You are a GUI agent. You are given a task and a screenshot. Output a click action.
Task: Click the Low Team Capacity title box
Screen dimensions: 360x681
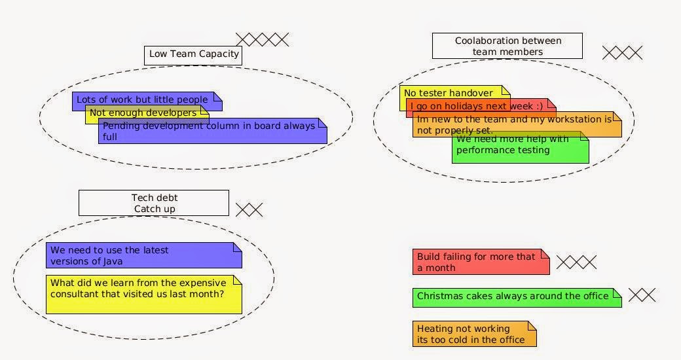click(193, 54)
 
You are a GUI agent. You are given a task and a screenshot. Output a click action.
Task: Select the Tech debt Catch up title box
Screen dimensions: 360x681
click(154, 203)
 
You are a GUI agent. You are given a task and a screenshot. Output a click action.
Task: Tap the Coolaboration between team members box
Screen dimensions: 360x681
click(507, 46)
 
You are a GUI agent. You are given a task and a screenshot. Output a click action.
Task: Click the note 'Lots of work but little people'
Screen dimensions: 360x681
click(141, 99)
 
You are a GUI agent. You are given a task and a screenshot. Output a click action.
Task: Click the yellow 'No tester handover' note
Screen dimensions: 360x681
click(448, 92)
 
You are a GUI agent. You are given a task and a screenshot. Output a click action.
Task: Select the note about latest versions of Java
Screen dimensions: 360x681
click(143, 255)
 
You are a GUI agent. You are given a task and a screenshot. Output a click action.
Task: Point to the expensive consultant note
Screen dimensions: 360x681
click(143, 295)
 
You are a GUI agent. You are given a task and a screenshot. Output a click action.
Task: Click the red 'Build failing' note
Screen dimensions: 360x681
click(481, 262)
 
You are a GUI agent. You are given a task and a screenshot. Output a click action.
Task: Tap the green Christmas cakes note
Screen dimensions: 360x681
click(517, 297)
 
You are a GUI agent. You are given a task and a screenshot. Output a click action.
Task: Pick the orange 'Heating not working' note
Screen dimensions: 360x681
click(474, 334)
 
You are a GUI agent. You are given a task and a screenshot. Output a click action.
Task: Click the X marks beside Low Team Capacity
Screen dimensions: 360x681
click(262, 39)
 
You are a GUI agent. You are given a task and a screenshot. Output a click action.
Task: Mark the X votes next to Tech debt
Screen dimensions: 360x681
click(249, 209)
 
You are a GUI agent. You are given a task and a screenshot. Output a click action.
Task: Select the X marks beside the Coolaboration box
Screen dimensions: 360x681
click(622, 52)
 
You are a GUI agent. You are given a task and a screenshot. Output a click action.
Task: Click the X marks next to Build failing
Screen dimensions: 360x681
click(576, 262)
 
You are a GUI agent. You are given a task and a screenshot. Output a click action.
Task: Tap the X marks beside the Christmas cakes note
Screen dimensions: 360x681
click(642, 295)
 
